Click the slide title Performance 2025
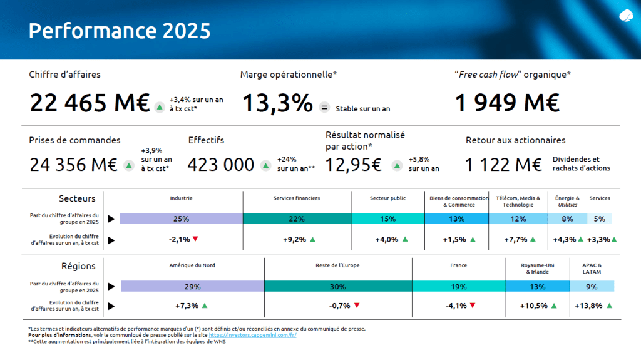click(x=120, y=31)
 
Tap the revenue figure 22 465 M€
click(x=90, y=103)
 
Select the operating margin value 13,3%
click(x=277, y=103)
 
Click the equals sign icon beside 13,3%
click(x=324, y=108)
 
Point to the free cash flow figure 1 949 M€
click(x=506, y=103)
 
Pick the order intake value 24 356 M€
click(x=73, y=165)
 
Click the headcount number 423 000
click(x=221, y=165)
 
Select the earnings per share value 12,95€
click(x=354, y=165)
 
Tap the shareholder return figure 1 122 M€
click(x=503, y=165)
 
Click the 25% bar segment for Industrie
click(x=181, y=219)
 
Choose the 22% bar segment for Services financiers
click(x=297, y=219)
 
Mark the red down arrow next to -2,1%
click(x=195, y=239)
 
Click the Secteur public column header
click(x=387, y=198)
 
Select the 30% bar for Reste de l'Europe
click(x=338, y=286)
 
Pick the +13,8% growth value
click(x=588, y=306)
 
